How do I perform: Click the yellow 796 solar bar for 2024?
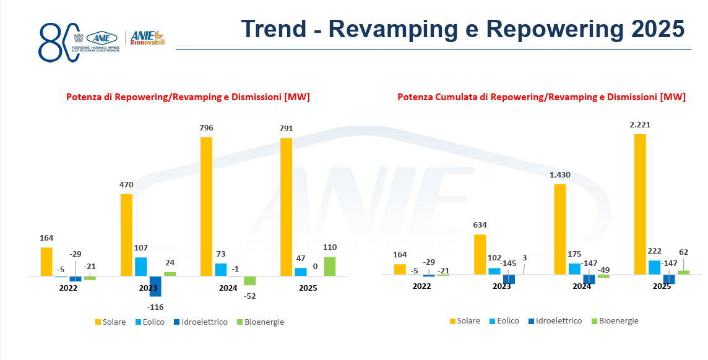click(206, 206)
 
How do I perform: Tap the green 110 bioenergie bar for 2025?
click(329, 266)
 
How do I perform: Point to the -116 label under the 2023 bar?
click(155, 307)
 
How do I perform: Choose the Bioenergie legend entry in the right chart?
click(615, 320)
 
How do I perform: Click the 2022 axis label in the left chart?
click(68, 288)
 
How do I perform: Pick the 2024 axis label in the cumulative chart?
click(582, 286)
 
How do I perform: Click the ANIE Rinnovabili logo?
click(147, 38)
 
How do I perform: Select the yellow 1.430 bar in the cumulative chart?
click(559, 229)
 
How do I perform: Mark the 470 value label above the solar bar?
click(126, 184)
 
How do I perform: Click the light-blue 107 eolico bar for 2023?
click(141, 267)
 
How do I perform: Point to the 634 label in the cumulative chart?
click(479, 225)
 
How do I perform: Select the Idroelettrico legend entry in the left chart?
click(196, 322)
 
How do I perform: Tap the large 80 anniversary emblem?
click(59, 42)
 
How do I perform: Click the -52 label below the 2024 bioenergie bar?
click(249, 296)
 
